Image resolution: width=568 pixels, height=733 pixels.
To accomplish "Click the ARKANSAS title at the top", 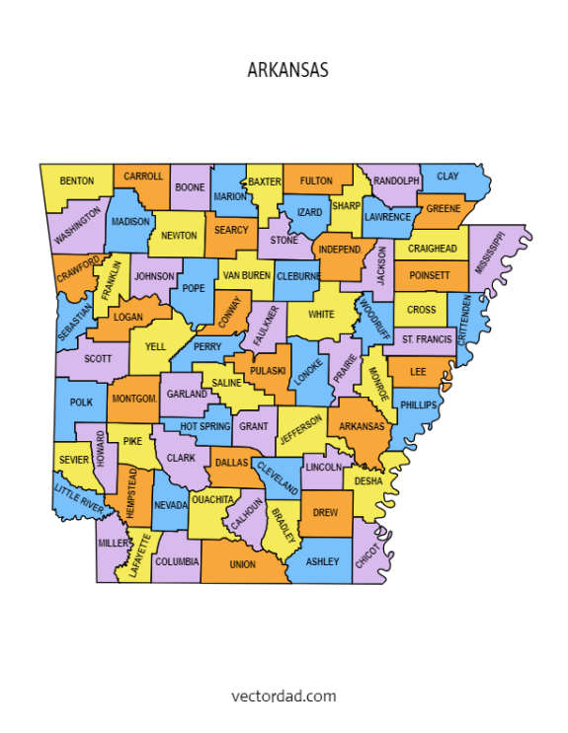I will point(287,71).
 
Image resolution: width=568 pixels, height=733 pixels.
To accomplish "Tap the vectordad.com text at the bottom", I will point(284,696).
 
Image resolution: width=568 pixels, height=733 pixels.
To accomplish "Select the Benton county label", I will point(77,182).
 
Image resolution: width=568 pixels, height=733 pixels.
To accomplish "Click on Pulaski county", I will point(268,371).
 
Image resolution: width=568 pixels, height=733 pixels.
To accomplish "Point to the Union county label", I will point(242,565).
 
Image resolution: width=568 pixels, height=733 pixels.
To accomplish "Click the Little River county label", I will point(78,496).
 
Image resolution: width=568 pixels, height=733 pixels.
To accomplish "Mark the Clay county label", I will point(447,177).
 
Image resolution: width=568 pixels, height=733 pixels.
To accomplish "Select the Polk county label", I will point(81,403).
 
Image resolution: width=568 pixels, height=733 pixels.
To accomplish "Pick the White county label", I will point(321,315).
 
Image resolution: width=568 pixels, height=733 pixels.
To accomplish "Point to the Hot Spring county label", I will point(205,425).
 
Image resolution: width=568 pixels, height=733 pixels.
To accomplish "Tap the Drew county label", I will point(325,513).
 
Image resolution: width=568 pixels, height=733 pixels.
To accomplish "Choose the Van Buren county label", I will point(245,275).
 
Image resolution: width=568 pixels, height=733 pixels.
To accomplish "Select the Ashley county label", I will point(323,562).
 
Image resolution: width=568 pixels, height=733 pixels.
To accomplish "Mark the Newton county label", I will point(179,236).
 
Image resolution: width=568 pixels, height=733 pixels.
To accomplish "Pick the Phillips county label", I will point(418,405).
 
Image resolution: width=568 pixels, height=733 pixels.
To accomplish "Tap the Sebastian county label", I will point(75,322).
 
